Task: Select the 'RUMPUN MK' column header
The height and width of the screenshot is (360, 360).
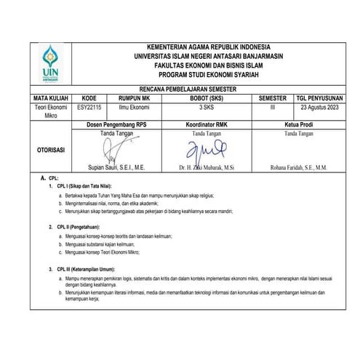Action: coord(135,96)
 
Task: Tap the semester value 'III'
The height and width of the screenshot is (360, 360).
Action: coord(272,105)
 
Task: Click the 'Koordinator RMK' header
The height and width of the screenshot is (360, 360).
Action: coord(207,124)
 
